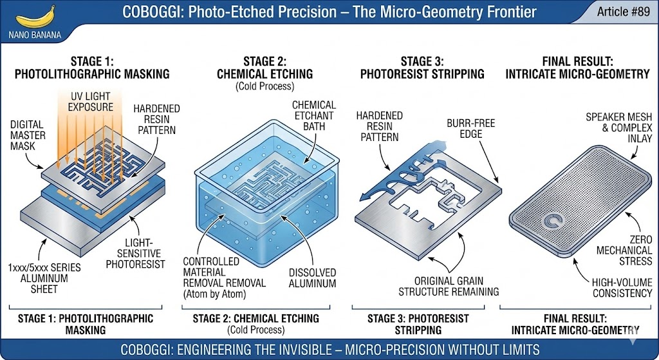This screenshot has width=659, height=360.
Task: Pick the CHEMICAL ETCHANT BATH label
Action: pyautogui.click(x=314, y=115)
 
